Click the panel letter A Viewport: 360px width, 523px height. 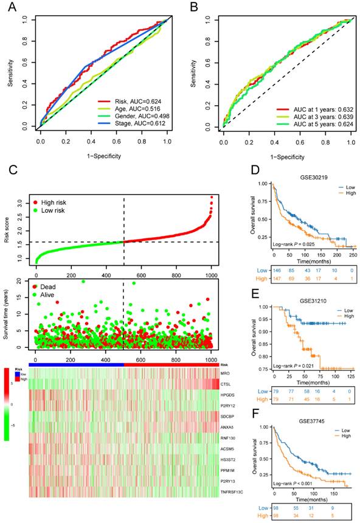(10, 8)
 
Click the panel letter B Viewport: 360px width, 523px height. (193, 8)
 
